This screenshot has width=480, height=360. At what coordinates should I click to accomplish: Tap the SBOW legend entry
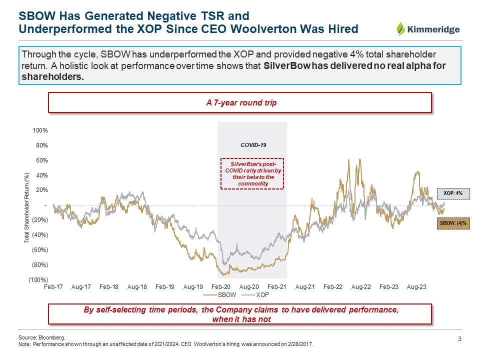[225, 295]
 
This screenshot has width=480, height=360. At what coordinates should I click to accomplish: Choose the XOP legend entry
[258, 295]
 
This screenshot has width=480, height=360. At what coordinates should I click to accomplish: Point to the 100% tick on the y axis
[40, 130]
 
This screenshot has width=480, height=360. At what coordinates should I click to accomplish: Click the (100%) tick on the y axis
[38, 279]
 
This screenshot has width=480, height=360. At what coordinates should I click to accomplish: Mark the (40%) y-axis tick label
[39, 235]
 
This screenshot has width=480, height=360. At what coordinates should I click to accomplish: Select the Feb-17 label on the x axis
[53, 287]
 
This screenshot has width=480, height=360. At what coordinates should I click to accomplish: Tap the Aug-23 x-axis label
[416, 287]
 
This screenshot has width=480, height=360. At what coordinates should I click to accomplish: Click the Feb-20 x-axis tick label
[220, 287]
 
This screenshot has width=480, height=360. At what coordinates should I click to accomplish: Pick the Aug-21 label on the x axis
[304, 287]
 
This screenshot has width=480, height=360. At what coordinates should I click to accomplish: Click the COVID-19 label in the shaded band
[253, 145]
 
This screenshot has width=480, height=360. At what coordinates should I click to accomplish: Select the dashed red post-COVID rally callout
[252, 173]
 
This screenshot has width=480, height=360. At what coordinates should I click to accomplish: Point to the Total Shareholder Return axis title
[27, 207]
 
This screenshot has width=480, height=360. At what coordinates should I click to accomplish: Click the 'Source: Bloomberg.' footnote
[41, 338]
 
